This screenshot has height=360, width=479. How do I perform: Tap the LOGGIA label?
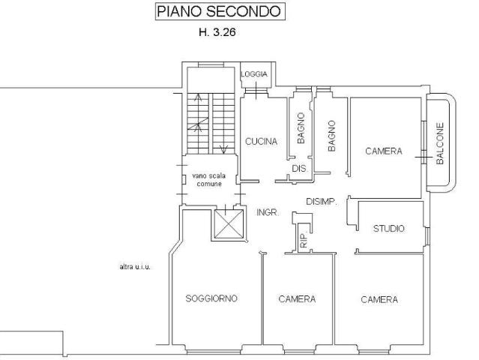tap(254, 75)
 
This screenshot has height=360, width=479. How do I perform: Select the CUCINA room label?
tap(261, 141)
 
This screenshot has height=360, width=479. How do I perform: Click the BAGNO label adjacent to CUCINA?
tap(301, 133)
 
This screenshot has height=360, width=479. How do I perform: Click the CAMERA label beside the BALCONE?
tap(384, 151)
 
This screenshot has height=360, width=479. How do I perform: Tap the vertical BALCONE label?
tap(440, 143)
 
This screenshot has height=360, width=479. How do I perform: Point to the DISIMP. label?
tap(322, 202)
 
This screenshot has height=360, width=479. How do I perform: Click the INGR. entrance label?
tap(268, 213)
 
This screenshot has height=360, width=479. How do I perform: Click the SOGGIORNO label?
tap(211, 298)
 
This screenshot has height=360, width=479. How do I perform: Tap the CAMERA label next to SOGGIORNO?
tap(297, 298)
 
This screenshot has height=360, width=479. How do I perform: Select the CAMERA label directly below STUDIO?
tap(379, 299)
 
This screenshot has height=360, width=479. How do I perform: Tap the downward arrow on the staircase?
tap(223, 147)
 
